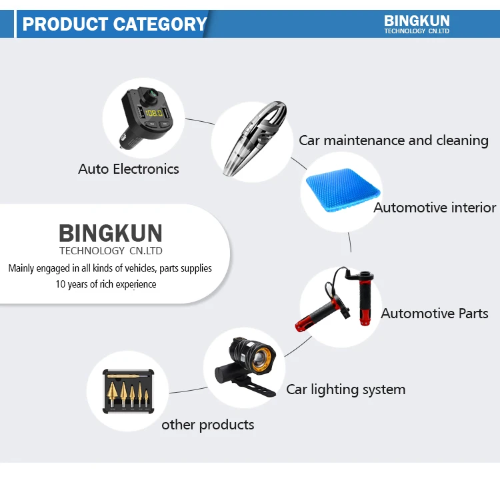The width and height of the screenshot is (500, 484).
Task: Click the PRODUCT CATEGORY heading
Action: (x=115, y=24)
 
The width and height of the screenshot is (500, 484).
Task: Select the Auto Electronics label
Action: (x=128, y=169)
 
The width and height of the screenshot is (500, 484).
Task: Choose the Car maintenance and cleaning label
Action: (x=393, y=140)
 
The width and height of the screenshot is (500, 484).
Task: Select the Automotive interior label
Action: (x=435, y=208)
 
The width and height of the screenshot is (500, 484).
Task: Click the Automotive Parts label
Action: (x=435, y=313)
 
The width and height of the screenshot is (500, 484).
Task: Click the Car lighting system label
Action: (x=345, y=389)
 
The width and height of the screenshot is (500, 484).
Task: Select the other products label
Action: (x=207, y=424)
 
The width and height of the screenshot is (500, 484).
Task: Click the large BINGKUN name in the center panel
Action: (x=111, y=234)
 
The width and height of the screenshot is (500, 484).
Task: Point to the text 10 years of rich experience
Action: (x=106, y=284)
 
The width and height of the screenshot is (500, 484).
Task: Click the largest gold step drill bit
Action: (x=110, y=393)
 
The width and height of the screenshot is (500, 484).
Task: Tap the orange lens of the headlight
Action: (x=261, y=354)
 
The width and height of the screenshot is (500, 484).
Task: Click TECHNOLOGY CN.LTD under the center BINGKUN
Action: (x=111, y=251)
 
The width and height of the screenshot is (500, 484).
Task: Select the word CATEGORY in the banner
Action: (x=161, y=24)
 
